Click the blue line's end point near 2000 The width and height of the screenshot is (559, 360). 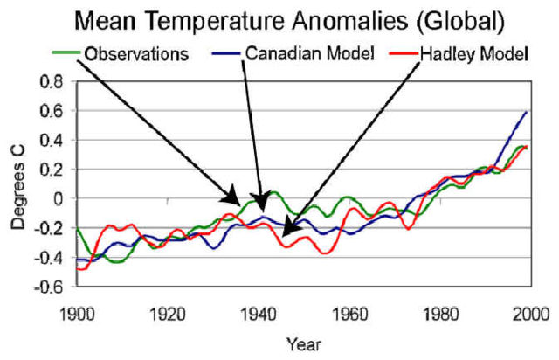click(527, 112)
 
